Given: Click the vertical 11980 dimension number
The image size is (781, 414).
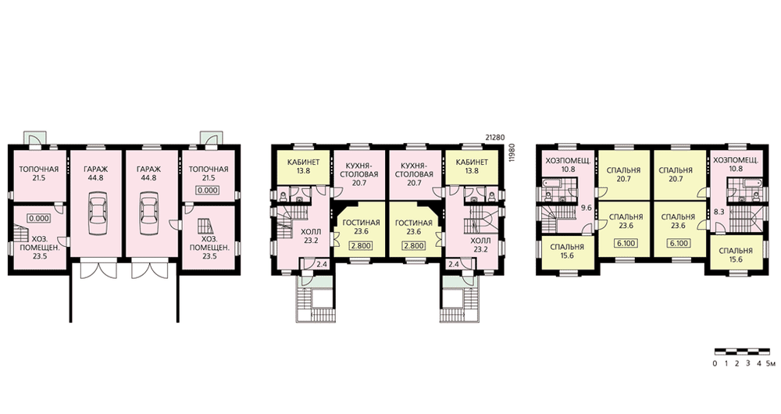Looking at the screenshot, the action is click(511, 153).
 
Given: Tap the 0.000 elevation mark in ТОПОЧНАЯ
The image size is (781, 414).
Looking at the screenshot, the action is click(209, 190).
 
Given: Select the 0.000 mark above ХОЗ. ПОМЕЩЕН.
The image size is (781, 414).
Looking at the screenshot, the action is click(39, 218).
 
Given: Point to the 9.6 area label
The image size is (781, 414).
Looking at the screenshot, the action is click(587, 208).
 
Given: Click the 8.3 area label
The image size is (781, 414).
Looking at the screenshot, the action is click(719, 211).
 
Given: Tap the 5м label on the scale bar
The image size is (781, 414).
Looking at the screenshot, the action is click(771, 363).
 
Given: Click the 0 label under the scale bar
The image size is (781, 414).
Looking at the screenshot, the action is click(715, 363).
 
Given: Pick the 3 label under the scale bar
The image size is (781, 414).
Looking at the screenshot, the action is click(747, 363).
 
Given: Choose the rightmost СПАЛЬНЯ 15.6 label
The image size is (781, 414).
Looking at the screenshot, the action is click(736, 255).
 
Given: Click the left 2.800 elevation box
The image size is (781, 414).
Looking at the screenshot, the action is click(358, 245).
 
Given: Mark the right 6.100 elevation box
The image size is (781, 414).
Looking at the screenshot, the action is click(679, 243).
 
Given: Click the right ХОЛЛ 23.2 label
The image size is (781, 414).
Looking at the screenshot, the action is click(480, 245).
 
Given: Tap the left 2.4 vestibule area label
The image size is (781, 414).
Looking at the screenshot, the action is click(322, 264).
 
